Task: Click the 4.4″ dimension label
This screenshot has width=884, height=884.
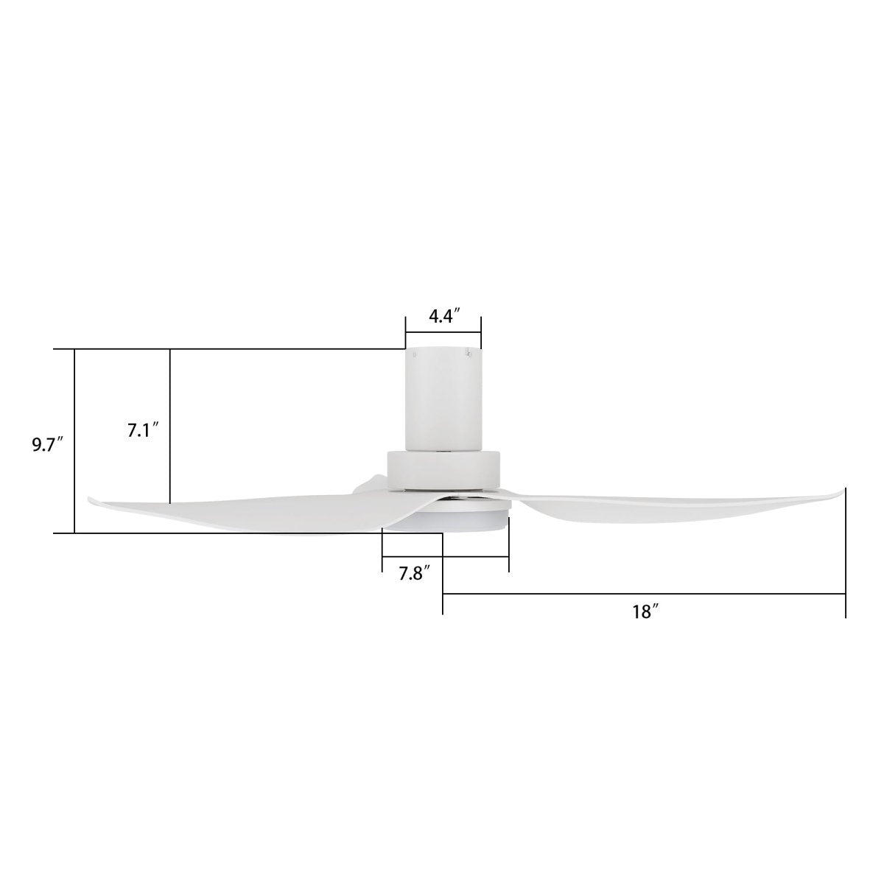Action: [x=445, y=318]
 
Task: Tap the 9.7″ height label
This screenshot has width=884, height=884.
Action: [x=47, y=446]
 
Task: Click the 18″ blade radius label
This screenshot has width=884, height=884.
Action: [x=645, y=611]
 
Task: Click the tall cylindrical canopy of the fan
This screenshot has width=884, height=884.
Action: [x=443, y=398]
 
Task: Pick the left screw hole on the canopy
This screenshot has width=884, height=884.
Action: [x=414, y=354]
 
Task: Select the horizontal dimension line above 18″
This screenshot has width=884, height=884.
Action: [x=645, y=593]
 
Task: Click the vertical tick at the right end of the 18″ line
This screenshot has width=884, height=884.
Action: [x=845, y=552]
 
